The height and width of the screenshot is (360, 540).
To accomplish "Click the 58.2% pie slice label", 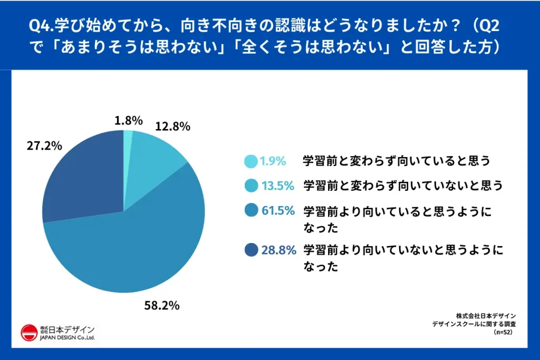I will click(x=162, y=305).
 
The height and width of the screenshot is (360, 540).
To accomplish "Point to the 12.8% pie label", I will click(x=172, y=127).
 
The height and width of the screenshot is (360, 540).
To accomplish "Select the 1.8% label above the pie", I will click(x=129, y=121).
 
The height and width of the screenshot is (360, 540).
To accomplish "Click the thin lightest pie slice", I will click(x=128, y=138).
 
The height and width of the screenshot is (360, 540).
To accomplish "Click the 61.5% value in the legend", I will click(x=278, y=211).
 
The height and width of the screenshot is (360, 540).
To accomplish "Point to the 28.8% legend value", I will click(x=278, y=250).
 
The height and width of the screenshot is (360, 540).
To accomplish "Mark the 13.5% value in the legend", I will click(x=278, y=186).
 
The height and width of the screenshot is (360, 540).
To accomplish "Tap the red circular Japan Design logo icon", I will click(x=28, y=333).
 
